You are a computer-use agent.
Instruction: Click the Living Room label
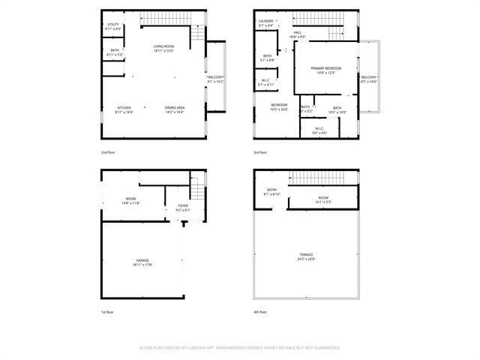coord(163,46)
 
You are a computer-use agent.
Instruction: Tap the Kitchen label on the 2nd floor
coord(124,108)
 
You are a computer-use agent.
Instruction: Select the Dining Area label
coord(175,108)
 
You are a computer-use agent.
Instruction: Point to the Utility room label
coord(112,24)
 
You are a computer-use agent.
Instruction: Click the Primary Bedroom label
coord(326,68)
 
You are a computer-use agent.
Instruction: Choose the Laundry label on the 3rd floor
coord(266,21)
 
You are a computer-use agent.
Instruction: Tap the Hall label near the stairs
coord(298,33)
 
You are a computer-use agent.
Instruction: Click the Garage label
coord(142,260)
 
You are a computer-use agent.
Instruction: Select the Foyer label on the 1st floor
coord(183,206)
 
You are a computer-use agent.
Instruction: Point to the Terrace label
coord(306,254)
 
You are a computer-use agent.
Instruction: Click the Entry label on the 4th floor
coord(271,190)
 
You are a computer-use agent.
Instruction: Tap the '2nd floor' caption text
coord(109,152)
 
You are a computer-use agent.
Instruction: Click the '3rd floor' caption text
coord(261,152)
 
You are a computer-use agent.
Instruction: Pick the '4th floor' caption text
coord(261,312)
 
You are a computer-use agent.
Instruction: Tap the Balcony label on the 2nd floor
coord(214,77)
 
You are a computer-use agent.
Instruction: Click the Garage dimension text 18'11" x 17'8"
coord(142,265)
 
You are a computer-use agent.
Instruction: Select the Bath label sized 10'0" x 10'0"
coord(337,108)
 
